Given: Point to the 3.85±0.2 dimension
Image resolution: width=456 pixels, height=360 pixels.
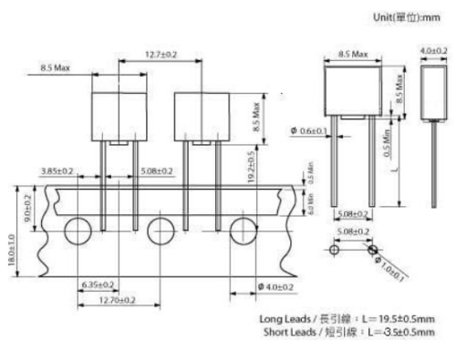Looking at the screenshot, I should click(57, 170).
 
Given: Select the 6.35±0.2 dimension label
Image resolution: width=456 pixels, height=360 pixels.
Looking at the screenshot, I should click(97, 283).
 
